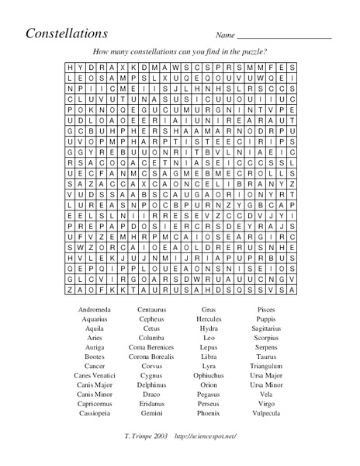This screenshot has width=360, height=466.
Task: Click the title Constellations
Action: click(67, 33)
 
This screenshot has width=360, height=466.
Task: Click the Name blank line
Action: click(283, 37)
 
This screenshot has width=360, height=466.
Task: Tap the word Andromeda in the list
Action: click(95, 309)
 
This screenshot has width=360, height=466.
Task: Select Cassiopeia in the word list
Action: click(95, 412)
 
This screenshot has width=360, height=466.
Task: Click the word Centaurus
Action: click(151, 309)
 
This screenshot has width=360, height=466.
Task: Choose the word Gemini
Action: click(151, 412)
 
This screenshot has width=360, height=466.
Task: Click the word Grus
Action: click(208, 309)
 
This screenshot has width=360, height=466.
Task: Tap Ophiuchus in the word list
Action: click(208, 374)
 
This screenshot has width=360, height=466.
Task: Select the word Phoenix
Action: click(208, 412)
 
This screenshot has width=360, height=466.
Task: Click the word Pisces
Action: click(265, 309)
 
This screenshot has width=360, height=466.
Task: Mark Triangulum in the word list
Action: click(265, 365)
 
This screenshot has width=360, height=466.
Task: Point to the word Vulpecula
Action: click(265, 412)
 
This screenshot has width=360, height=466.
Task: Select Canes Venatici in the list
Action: click(95, 374)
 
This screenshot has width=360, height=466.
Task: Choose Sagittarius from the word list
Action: click(265, 328)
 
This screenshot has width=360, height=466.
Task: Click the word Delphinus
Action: click(151, 384)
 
